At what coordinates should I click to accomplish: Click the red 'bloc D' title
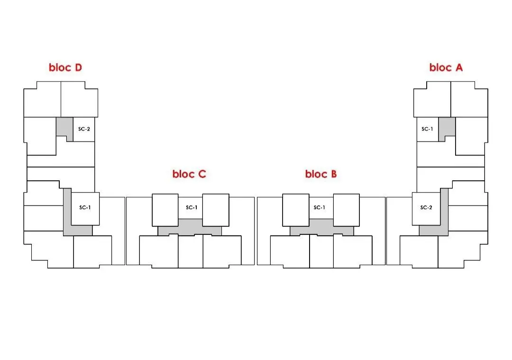coord(65,67)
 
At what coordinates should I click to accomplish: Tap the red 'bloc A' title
coord(446,67)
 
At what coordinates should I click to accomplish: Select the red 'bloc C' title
coord(189,174)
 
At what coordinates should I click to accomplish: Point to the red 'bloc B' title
coord(321,174)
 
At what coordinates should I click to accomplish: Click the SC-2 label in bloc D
coord(84,129)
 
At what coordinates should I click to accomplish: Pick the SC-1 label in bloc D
coord(85,207)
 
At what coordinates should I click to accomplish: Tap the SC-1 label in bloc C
coord(192,207)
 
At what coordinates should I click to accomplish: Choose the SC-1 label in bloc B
coord(320,207)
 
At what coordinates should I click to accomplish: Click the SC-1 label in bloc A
coord(427,129)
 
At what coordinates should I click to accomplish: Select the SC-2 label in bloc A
coord(426,207)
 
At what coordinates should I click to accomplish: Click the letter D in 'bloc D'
coord(78,67)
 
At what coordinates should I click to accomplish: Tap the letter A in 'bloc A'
coord(459,67)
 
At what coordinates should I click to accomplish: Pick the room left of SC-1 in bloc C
coord(165,210)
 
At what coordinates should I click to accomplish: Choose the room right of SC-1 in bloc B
coord(347,210)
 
